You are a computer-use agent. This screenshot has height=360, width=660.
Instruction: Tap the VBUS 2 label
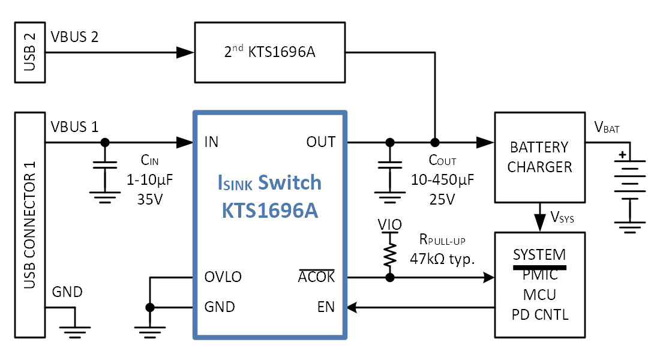pyautogui.click(x=74, y=37)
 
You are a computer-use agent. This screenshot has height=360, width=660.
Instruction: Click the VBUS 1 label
pyautogui.click(x=74, y=127)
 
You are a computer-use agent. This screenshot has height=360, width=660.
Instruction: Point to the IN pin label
pyautogui.click(x=211, y=142)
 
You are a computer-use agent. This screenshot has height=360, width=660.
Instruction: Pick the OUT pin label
pyautogui.click(x=321, y=142)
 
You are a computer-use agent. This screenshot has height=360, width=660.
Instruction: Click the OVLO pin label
pyautogui.click(x=223, y=277)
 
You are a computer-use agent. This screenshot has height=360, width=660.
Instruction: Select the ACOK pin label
pyautogui.click(x=316, y=277)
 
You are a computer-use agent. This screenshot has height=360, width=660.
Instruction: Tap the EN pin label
pyautogui.click(x=326, y=307)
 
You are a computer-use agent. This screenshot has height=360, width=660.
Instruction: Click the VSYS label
pyautogui.click(x=562, y=217)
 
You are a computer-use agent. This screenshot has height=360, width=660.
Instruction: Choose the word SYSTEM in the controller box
pyautogui.click(x=539, y=255)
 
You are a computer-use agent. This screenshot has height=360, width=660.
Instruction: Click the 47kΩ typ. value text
pyautogui.click(x=442, y=259)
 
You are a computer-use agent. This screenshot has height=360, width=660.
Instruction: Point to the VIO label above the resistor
pyautogui.click(x=390, y=225)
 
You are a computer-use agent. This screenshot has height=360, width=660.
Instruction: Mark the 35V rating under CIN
pyautogui.click(x=150, y=199)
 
